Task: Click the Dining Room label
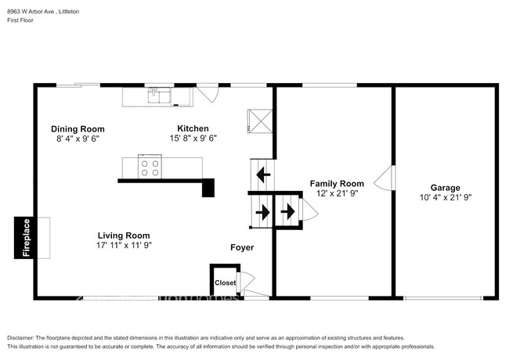pos(78,129)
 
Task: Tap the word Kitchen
pos(193,128)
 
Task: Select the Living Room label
pos(123,235)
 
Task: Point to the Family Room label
pos(337,183)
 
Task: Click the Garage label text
pos(445,188)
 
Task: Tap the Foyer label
pos(241,248)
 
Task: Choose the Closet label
pos(226,283)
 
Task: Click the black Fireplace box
pos(25,237)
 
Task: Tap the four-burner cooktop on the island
pos(150,167)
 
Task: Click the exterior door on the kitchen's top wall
pos(205,93)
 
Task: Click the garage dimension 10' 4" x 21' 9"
pos(445,198)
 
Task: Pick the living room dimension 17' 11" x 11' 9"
pos(123,245)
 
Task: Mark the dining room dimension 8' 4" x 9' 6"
pos(78,139)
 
